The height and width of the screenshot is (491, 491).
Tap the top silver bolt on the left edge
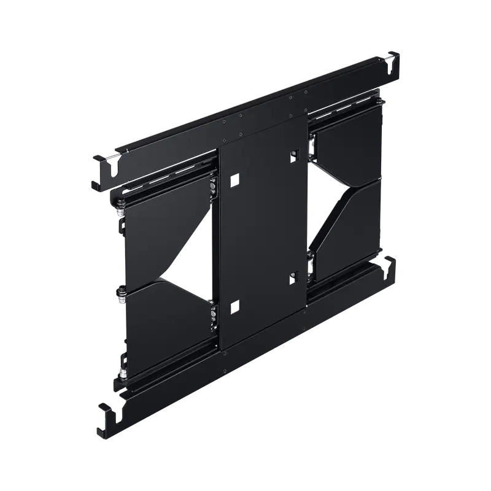120,209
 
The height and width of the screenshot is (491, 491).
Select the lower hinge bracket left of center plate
213,312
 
